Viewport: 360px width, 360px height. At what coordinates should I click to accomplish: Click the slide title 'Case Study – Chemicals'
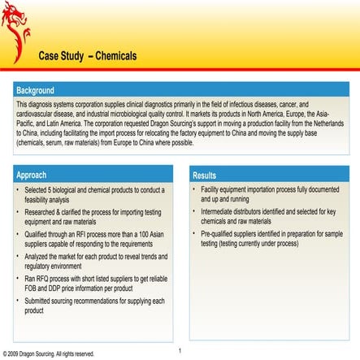[x=88, y=56]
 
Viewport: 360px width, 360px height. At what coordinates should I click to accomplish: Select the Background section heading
[x=35, y=90]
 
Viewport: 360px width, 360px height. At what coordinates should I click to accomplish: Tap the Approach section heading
[x=32, y=175]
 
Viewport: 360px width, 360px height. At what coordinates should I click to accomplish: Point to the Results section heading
[x=204, y=175]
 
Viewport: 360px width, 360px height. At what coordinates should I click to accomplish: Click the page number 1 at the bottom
[x=180, y=350]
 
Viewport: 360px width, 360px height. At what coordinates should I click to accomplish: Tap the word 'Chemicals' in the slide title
[x=115, y=56]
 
